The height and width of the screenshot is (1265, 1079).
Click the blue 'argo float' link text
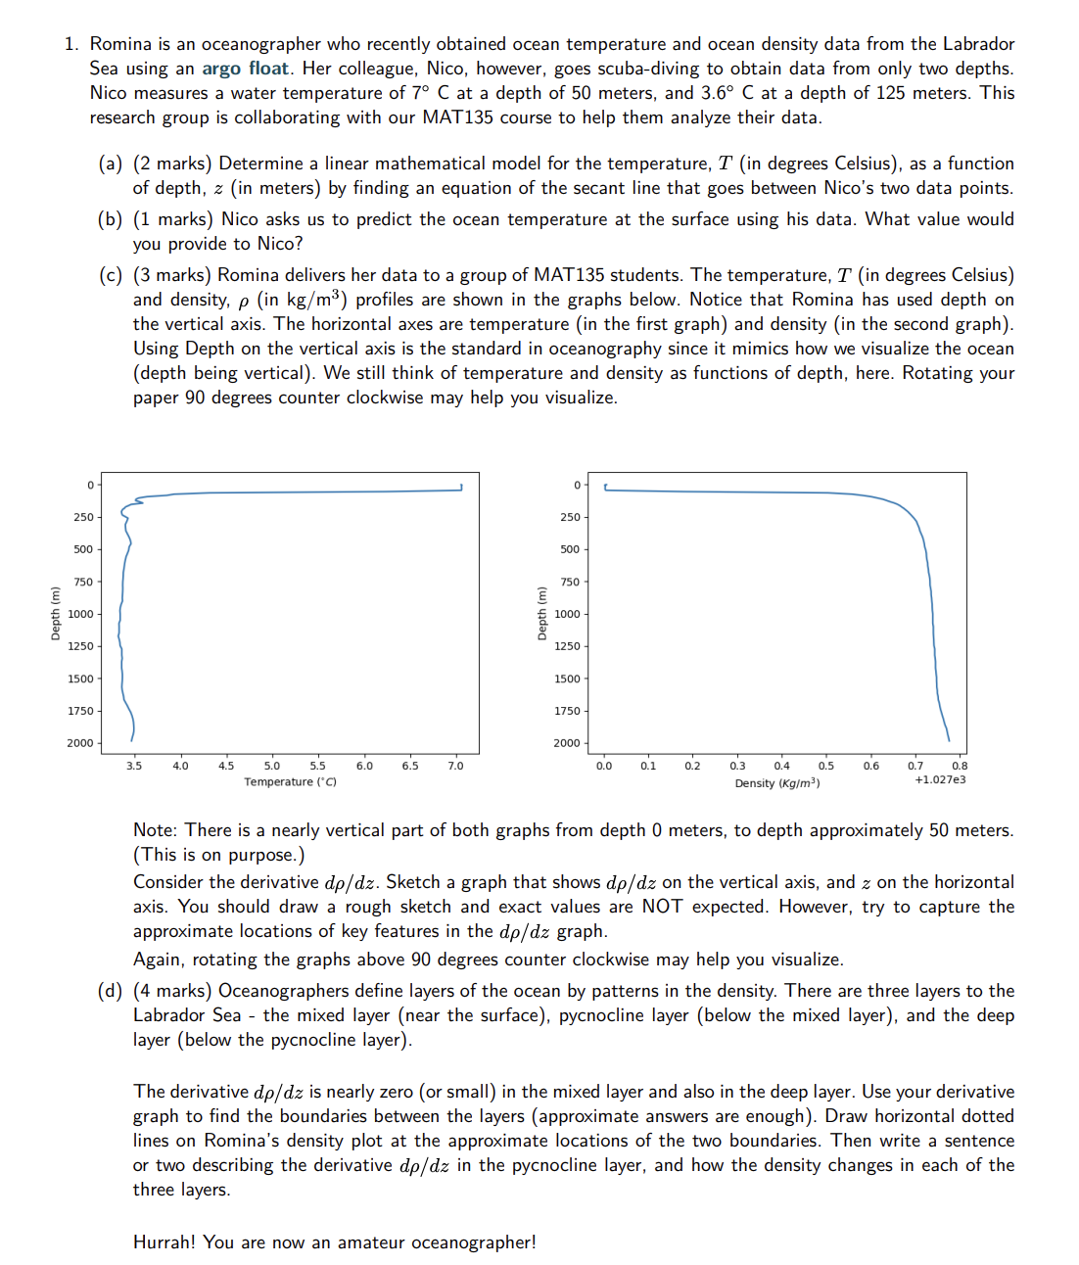click(245, 69)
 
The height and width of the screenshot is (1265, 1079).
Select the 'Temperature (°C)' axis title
click(290, 781)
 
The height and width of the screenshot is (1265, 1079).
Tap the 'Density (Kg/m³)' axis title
click(777, 782)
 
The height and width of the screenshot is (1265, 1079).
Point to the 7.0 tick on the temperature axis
click(455, 766)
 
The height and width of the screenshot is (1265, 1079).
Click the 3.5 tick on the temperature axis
click(134, 766)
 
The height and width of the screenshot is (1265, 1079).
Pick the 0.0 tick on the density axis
click(604, 766)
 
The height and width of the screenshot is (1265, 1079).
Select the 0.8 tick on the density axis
click(960, 766)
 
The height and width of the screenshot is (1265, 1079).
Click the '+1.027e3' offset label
click(940, 779)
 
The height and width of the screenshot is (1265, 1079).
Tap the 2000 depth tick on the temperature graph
click(80, 743)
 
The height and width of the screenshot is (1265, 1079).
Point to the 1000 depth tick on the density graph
click(567, 614)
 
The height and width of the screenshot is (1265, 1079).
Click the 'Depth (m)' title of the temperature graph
click(56, 613)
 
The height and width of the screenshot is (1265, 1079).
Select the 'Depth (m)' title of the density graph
click(541, 613)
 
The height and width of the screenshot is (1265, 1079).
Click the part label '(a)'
click(110, 164)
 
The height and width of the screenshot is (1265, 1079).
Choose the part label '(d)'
click(110, 991)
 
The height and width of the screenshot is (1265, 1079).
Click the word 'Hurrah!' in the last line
click(164, 1242)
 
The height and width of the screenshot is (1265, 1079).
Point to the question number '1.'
click(71, 44)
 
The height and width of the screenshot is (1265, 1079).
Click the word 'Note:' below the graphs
click(156, 830)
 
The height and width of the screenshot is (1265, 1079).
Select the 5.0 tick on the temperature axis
click(272, 766)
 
